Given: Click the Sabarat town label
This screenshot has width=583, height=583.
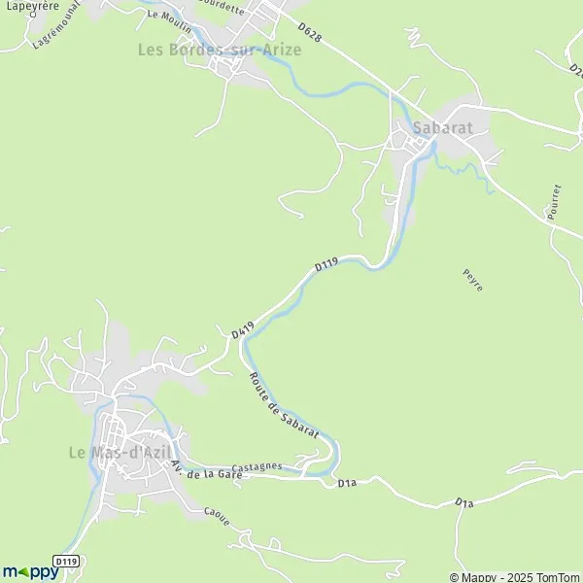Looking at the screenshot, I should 443,127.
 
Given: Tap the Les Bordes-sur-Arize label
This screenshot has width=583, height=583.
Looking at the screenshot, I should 219,49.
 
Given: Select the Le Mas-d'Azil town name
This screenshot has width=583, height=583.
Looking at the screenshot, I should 120,452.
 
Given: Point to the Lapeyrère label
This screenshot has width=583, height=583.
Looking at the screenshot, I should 30,6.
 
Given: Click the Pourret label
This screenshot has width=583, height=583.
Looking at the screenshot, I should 554,202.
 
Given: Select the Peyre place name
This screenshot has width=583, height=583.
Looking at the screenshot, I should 472,281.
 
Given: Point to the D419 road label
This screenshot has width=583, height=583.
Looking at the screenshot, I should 243,329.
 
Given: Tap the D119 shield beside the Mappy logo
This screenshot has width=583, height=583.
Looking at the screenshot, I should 66,561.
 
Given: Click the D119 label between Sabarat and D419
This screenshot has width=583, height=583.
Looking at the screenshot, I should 326,264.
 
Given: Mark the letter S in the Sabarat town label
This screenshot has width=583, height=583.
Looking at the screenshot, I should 418,127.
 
